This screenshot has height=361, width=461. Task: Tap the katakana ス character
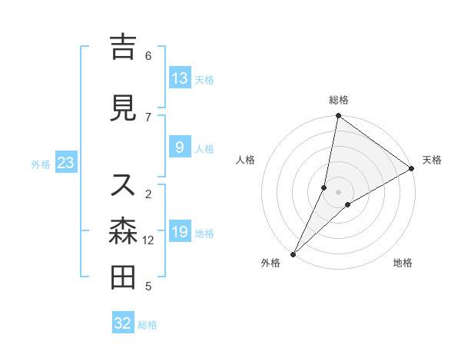point(123,185)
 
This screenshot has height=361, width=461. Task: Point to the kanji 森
point(123,231)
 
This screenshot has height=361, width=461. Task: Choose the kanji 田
point(123,277)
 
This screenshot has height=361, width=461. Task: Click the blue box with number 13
point(180,78)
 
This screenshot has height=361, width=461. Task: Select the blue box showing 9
point(180,148)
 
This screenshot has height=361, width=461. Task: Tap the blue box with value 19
point(180,232)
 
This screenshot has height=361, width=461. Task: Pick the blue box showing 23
point(65,164)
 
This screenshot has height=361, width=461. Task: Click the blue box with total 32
point(123,323)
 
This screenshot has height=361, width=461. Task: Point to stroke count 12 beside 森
point(148,240)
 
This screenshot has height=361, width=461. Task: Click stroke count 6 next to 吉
point(148,56)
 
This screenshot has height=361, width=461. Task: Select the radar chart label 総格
point(338,100)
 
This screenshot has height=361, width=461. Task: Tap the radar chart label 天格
point(432,160)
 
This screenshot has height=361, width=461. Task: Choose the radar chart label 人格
point(245,160)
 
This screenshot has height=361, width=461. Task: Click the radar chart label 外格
point(270,263)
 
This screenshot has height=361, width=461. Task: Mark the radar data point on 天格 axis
point(412,168)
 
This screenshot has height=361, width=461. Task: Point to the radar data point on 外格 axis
point(293,253)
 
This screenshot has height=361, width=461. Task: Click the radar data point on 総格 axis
point(338,116)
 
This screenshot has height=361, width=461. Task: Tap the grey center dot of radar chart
point(338,192)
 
